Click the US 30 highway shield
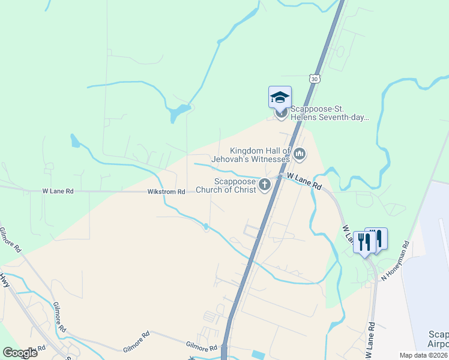coord(315,79)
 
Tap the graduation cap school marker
coord(280,97)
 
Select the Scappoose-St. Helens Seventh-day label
coord(329,113)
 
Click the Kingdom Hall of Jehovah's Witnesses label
coord(261,155)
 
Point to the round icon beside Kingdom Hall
coord(300,155)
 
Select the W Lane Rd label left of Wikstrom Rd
coord(58,191)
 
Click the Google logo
coord(20,353)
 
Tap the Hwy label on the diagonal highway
coord(5,280)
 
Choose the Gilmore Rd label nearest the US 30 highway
coord(201,347)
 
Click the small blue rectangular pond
coord(258,355)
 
